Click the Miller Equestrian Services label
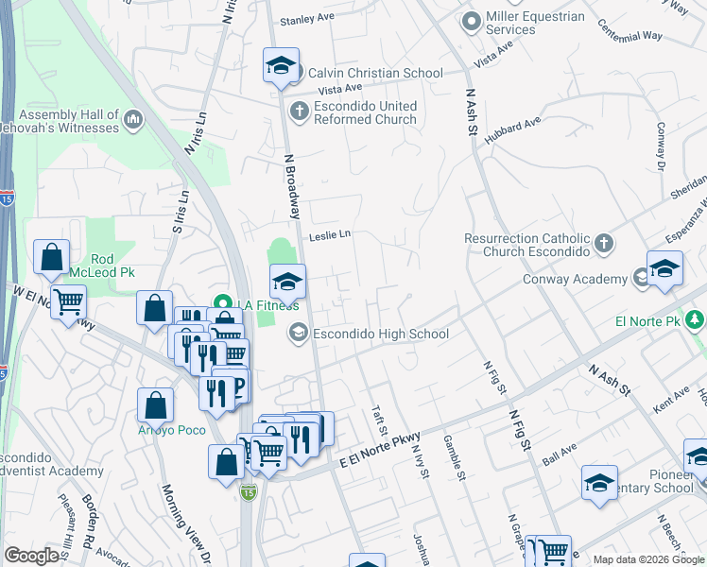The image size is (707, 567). (536, 23)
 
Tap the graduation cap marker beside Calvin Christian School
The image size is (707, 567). (281, 66)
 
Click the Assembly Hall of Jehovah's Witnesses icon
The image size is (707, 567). (132, 120)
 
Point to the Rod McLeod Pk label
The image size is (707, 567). (114, 266)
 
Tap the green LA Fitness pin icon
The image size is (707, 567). (224, 304)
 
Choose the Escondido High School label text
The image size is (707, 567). (381, 334)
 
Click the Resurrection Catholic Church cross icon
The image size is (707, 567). (604, 246)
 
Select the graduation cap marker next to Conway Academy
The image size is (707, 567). (664, 269)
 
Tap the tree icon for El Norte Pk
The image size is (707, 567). (697, 321)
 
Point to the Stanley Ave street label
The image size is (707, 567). (308, 18)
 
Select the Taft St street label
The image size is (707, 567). (381, 417)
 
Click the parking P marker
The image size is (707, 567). (236, 385)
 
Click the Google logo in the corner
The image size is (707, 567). (31, 556)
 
